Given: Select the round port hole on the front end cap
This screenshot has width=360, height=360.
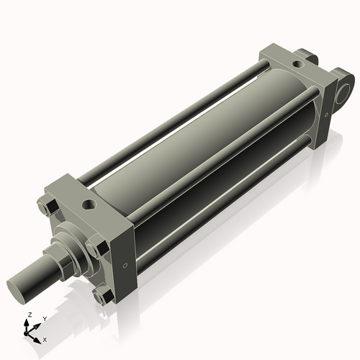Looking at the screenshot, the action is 89,204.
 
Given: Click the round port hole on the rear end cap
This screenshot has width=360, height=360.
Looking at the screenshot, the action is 298,64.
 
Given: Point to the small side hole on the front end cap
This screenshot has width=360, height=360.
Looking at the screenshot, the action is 125,266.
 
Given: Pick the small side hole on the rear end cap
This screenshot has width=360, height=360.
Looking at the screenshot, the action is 326,115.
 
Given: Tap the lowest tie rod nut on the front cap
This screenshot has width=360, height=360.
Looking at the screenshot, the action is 104,296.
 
